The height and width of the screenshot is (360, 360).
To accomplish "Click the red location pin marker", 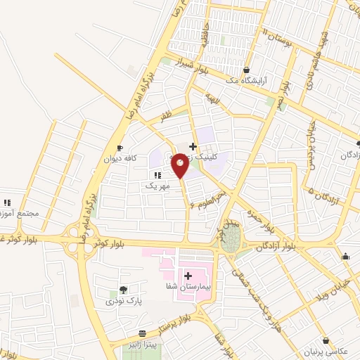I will pos(180,166).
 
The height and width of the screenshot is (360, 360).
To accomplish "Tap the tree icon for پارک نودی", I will pos(124,290).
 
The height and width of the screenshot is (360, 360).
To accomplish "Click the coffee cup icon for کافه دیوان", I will pos(120,148).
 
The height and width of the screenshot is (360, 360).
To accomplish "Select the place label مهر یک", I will pos(157,186).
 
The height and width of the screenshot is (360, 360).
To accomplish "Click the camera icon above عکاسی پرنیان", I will pos(326,340).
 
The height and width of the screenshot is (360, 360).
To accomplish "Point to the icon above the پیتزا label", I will pos(143,333).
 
